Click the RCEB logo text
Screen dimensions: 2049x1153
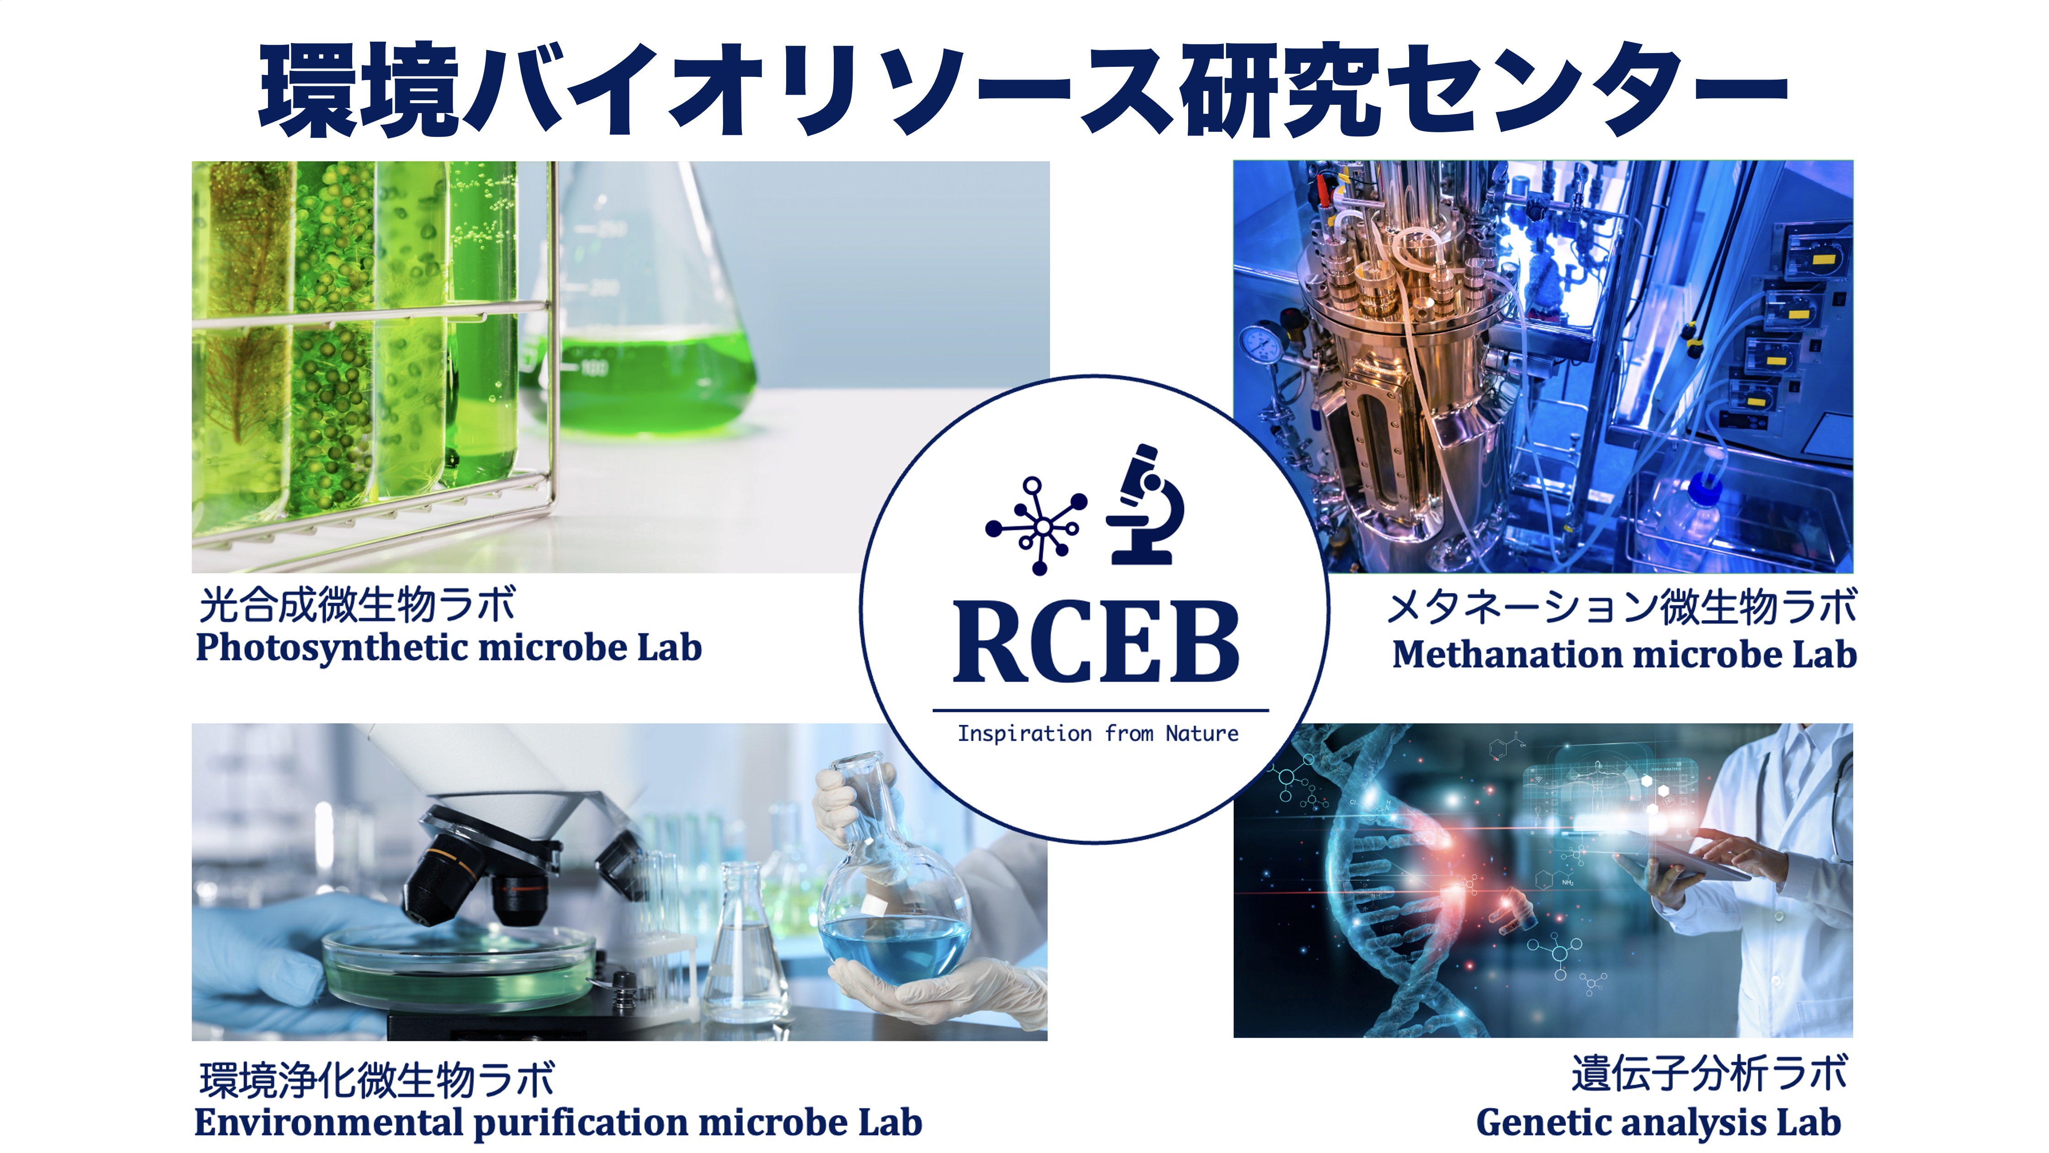point(1096,641)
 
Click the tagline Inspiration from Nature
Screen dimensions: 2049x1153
point(1098,733)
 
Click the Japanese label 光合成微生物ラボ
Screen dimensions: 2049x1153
point(357,605)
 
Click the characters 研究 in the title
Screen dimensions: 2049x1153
point(1280,89)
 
